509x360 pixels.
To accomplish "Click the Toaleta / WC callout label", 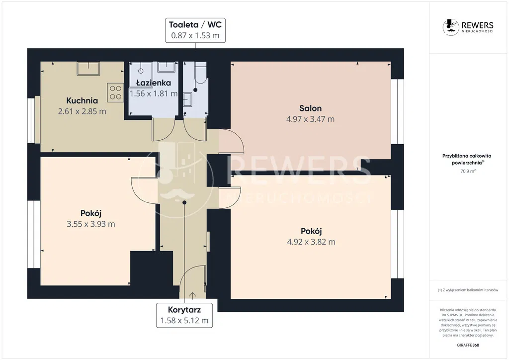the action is [195, 30].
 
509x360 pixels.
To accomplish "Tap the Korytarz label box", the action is [184, 315].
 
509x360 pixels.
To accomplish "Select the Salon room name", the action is [310, 108].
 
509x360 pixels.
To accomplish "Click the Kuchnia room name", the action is [82, 100].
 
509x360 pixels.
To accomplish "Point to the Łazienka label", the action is [154, 83].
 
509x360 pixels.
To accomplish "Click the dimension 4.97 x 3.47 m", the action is [310, 119].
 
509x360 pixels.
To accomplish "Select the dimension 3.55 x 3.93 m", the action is [91, 224].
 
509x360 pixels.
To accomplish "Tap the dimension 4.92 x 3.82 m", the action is [311, 242].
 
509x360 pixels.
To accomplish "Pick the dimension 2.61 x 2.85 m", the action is [82, 111].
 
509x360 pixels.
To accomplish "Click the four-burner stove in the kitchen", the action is [115, 92].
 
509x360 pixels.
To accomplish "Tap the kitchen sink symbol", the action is [88, 69].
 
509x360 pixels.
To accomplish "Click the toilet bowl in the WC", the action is [200, 73].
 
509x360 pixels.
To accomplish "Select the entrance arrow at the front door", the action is [192, 295].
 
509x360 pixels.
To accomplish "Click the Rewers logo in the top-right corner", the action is [468, 27].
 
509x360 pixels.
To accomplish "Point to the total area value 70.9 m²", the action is [468, 171].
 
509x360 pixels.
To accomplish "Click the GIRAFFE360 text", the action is [468, 345].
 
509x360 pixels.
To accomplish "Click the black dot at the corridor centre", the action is [184, 202].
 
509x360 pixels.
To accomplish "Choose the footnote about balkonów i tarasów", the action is [468, 290].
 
